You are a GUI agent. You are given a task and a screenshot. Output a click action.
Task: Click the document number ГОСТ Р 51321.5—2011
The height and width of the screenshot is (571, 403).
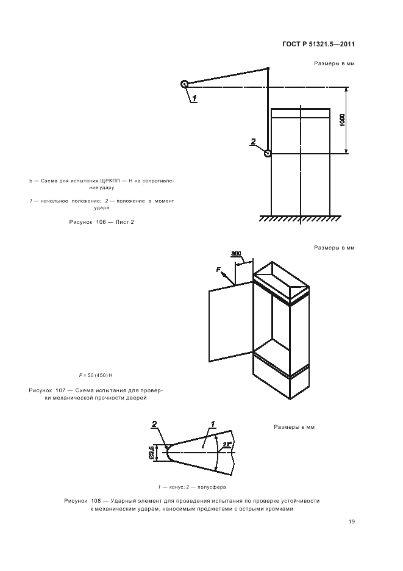(318, 45)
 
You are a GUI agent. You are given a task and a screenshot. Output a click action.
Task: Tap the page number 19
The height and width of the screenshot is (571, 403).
(351, 522)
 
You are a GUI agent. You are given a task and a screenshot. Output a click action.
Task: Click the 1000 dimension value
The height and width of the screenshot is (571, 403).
(342, 120)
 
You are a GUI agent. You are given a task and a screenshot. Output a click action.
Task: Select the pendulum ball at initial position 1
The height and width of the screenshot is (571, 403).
(184, 84)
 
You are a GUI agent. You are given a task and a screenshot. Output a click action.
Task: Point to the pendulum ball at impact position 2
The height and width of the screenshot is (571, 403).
(268, 154)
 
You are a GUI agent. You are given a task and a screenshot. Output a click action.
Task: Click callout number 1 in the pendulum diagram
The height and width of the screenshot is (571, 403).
(194, 98)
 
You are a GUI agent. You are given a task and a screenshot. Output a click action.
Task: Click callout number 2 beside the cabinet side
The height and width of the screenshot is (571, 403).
(254, 142)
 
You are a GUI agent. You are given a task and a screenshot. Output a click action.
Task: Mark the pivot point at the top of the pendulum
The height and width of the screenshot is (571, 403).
(268, 68)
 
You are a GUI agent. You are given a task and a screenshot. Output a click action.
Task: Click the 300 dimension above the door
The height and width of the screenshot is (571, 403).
(236, 254)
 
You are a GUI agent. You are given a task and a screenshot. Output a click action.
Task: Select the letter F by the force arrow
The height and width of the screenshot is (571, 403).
(218, 270)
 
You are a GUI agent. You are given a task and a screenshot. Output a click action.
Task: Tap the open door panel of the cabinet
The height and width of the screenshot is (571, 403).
(231, 322)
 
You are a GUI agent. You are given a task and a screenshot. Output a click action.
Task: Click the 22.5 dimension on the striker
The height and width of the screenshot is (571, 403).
(151, 453)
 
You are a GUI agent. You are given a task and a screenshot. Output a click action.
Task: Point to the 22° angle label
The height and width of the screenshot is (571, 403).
(227, 444)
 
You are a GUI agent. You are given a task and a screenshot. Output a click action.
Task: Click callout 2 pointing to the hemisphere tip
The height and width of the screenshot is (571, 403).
(154, 424)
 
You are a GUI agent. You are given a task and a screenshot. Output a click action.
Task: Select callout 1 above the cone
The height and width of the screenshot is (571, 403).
(213, 423)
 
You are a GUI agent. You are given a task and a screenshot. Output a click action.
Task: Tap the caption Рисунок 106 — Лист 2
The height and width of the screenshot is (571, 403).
(102, 222)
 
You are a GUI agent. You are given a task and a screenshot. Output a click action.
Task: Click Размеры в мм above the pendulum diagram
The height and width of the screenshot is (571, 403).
(334, 63)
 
